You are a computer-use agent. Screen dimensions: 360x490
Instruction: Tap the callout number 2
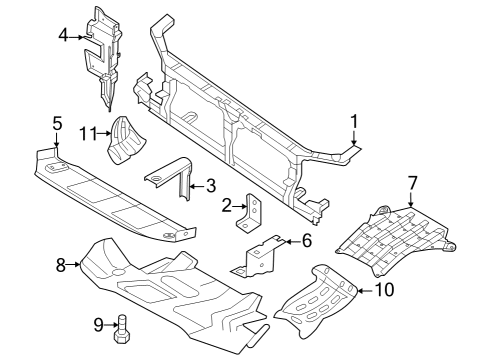(227, 206)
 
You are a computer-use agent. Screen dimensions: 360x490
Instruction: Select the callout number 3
(210, 185)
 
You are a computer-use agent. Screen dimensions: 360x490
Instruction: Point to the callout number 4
(63, 35)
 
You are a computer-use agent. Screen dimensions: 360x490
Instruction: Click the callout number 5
(56, 124)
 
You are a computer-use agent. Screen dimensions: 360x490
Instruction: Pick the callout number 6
(306, 240)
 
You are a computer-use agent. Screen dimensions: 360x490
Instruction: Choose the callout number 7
(411, 182)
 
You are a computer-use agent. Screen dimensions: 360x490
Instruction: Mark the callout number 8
(61, 265)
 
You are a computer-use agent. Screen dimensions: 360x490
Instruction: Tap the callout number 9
(97, 323)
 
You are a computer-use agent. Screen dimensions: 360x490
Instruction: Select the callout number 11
(88, 132)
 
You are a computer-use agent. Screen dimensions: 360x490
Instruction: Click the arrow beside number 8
(74, 265)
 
